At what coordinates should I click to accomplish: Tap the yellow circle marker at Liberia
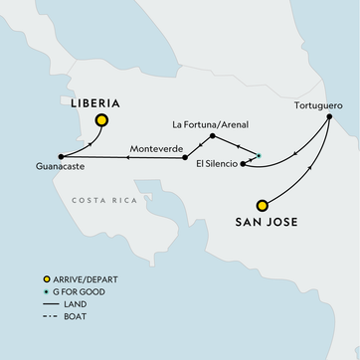pos(101,122)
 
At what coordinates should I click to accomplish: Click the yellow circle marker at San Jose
pos(262,199)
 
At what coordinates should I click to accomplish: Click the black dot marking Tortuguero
pos(329,117)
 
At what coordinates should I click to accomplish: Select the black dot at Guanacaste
pos(62,156)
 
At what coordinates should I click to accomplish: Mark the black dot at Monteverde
pos(185,157)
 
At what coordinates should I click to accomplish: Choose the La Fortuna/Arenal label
pos(211,124)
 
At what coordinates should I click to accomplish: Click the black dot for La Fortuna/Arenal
pos(214,136)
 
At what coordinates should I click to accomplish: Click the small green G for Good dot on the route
pos(259,154)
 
